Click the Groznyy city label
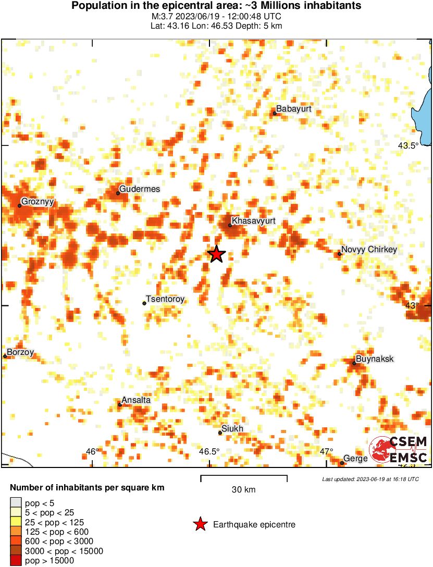pyautogui.click(x=38, y=202)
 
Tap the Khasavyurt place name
pyautogui.click(x=253, y=221)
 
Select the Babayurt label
pyautogui.click(x=294, y=109)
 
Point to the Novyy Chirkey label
pyautogui.click(x=369, y=250)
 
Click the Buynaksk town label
pyautogui.click(x=374, y=359)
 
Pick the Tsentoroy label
pyautogui.click(x=165, y=299)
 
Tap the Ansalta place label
pyautogui.click(x=136, y=400)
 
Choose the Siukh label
pyautogui.click(x=232, y=428)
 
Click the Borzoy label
pyautogui.click(x=20, y=352)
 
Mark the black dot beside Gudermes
pyautogui.click(x=118, y=193)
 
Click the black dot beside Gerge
pyautogui.click(x=342, y=463)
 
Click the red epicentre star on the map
pyautogui.click(x=216, y=254)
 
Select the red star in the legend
pyautogui.click(x=200, y=525)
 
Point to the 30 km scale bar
pyautogui.click(x=244, y=476)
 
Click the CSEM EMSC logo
pyautogui.click(x=399, y=450)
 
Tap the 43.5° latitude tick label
pyautogui.click(x=408, y=146)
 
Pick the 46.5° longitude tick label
pyautogui.click(x=209, y=451)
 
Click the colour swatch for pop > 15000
pyautogui.click(x=16, y=561)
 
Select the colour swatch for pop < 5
pyautogui.click(x=16, y=502)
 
